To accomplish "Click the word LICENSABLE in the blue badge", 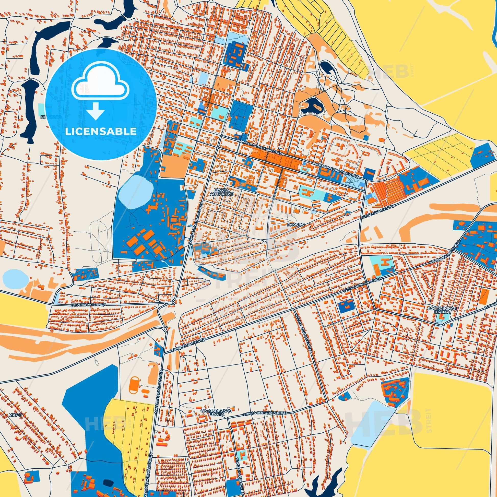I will [101, 131].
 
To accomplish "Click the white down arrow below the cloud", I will [96, 111].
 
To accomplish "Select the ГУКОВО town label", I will [295, 224].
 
